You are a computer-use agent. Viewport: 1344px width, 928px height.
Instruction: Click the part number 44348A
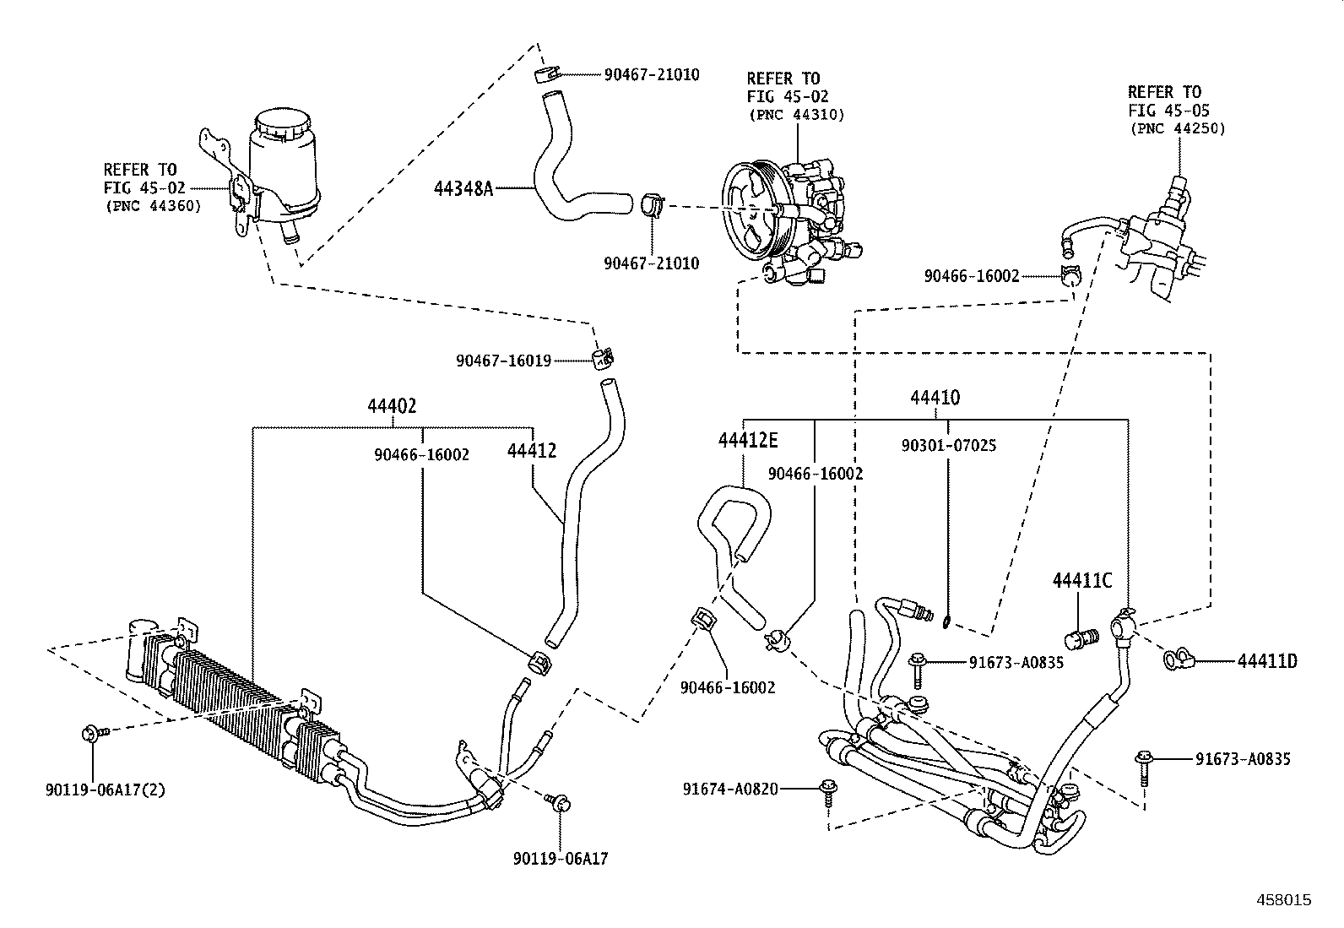click(463, 188)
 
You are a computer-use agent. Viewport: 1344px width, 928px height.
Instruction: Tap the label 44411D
click(1267, 661)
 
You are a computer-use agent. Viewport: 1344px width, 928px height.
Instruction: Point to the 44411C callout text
click(1081, 581)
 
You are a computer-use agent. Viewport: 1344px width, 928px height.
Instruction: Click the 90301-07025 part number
click(948, 446)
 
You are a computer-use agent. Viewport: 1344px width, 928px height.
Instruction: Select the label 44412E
click(747, 440)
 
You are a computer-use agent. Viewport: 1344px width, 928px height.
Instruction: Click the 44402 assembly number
click(392, 406)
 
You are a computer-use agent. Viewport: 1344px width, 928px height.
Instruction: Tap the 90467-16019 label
click(503, 361)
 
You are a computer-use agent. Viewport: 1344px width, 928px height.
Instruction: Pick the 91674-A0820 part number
click(730, 790)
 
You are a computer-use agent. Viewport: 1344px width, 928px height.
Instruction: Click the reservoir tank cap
click(284, 122)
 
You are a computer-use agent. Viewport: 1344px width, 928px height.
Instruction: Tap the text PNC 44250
click(1177, 129)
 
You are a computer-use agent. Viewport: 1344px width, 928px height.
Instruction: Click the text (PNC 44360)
click(153, 205)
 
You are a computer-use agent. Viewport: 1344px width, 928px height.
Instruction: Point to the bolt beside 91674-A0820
click(828, 791)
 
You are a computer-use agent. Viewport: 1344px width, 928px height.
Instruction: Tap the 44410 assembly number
click(935, 397)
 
